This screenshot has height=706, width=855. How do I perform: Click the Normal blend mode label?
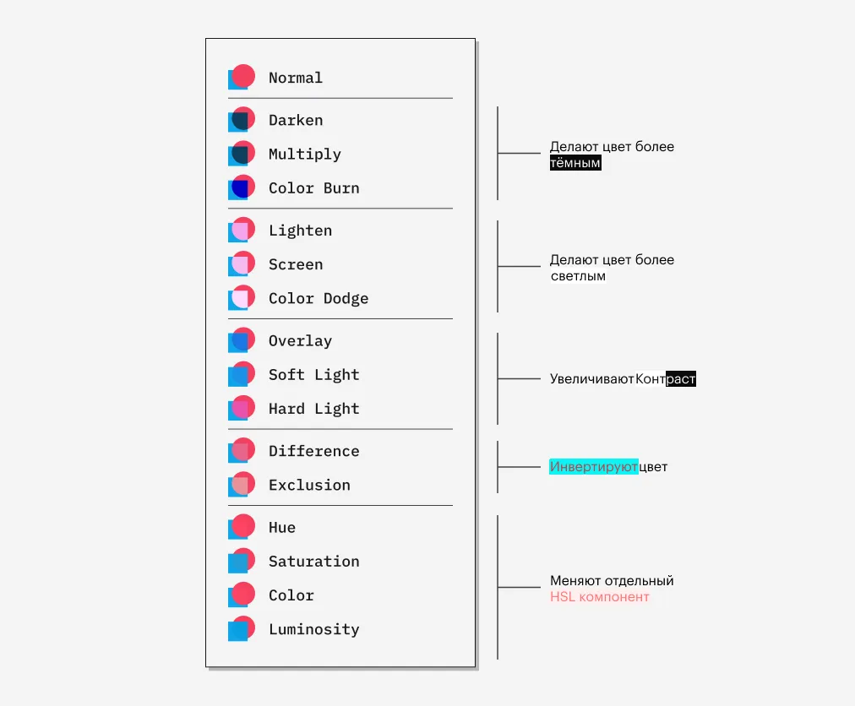296,78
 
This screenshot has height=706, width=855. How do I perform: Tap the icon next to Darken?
242,119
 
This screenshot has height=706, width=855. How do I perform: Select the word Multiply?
305,155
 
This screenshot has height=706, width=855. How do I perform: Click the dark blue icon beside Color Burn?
242,187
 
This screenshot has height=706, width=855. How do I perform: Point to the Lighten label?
301,231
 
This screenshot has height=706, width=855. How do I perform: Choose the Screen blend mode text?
296,264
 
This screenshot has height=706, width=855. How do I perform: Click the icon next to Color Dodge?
242,297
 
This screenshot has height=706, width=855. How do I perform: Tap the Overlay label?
301,341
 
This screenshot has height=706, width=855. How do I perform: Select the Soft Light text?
314,375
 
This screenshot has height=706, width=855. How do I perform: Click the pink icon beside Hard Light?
242,408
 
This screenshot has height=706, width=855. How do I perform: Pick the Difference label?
314,451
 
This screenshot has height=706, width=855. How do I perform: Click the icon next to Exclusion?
242,484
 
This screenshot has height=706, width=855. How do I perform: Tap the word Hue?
282,527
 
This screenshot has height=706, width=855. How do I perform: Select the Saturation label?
314,561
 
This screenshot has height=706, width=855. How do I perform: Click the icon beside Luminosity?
242,628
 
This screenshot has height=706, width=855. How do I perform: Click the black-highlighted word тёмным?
575,163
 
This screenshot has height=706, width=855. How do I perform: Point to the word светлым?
578,276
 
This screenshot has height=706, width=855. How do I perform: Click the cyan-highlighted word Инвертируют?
593,467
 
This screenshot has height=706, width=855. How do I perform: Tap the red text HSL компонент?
599,597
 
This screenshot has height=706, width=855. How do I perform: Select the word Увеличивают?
591,379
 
